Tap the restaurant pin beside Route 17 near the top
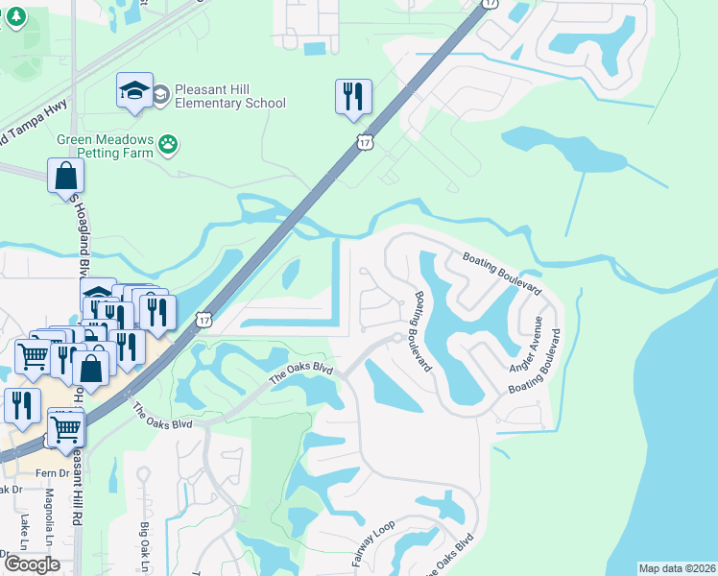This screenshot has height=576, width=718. click(x=353, y=97)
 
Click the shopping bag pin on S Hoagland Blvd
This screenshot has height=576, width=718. click(x=65, y=176)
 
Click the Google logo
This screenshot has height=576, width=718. click(x=32, y=564)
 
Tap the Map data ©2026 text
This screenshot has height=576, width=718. click(x=677, y=568)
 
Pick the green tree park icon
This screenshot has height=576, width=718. click(x=12, y=16)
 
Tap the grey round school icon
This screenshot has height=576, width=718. click(x=159, y=94)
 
